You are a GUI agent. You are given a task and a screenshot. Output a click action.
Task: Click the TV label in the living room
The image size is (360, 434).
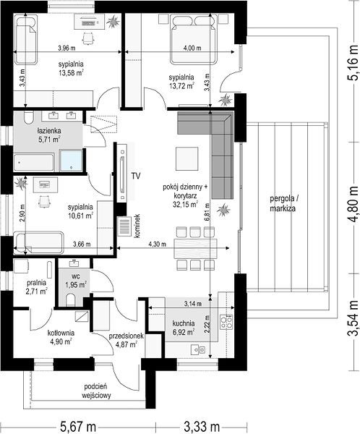point(136,176)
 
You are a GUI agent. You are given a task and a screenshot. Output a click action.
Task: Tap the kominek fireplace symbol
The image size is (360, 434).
point(124,226)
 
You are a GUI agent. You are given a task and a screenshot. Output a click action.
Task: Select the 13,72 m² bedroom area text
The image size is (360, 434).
point(181,86)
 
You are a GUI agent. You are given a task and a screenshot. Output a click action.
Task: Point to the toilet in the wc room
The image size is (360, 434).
point(71,300)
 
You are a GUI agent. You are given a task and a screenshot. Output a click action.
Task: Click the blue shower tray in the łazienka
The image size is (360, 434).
point(72,161)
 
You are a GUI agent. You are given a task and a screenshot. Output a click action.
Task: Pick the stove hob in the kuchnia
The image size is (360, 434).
point(226,322)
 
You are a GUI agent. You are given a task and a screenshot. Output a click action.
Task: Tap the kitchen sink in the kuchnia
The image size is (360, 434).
point(198,350)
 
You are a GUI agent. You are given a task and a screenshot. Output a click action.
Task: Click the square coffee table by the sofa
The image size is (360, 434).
point(187,158)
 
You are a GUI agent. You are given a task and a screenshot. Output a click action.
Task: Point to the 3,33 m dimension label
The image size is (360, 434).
point(202,427)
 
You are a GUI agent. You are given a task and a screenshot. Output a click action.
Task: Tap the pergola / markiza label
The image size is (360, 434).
point(283,203)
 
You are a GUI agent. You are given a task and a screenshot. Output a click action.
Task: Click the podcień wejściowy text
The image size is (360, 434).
point(96,391)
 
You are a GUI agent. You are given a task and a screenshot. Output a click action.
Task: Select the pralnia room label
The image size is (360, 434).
point(37,283)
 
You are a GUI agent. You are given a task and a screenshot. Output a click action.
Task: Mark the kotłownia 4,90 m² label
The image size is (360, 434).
point(61,337)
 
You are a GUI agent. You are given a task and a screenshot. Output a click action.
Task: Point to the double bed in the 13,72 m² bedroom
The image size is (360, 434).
point(193,39)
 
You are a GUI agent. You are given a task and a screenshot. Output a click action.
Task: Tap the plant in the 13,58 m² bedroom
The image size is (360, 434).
point(112,22)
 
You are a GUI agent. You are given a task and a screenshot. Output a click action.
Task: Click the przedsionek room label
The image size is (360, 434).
point(127,336)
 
